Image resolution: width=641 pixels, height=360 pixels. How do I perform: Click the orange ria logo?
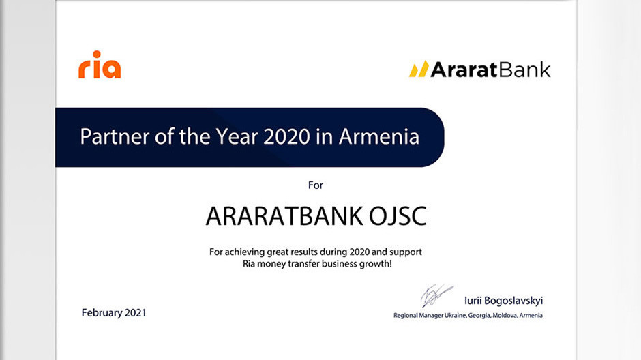coord(100,65)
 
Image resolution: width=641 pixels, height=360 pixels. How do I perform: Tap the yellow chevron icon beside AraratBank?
coord(419,69)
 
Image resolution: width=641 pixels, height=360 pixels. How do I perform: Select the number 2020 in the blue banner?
coord(286,136)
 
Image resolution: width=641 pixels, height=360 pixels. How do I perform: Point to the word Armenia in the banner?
coord(379,136)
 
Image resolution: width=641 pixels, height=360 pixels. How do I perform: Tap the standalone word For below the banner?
coord(316,185)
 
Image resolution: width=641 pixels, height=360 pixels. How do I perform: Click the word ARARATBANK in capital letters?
coord(284,216)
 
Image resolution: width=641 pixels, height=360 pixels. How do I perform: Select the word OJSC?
coord(398,216)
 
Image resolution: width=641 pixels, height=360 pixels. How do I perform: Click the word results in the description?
coord(303,252)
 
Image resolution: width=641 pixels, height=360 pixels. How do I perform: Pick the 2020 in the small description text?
coord(359,252)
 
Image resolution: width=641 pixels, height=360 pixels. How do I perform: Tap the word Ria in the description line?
coord(248,264)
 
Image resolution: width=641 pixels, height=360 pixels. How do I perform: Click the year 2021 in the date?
coord(135,312)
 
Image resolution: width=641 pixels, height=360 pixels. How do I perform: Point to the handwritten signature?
coord(436,295)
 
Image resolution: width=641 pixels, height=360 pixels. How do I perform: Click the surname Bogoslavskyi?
coord(513,301)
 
